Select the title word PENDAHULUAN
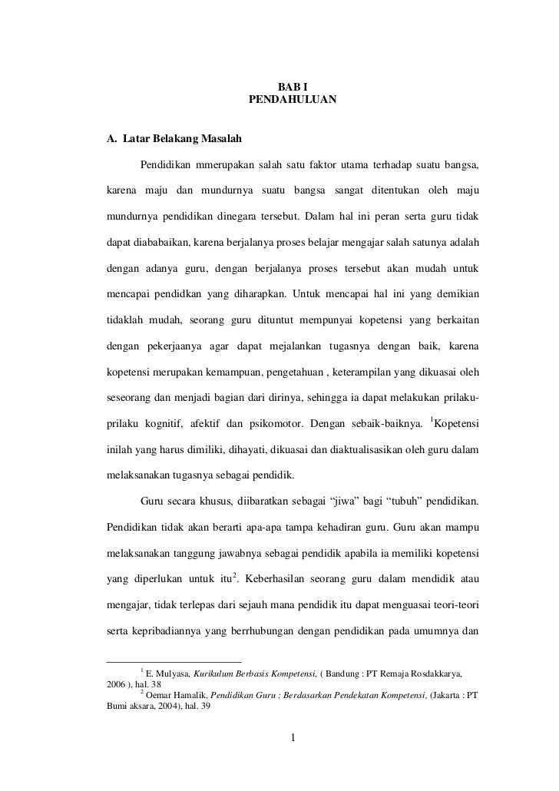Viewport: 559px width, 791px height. [293, 100]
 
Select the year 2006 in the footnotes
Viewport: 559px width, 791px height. [117, 684]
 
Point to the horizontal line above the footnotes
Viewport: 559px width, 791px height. [173, 660]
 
